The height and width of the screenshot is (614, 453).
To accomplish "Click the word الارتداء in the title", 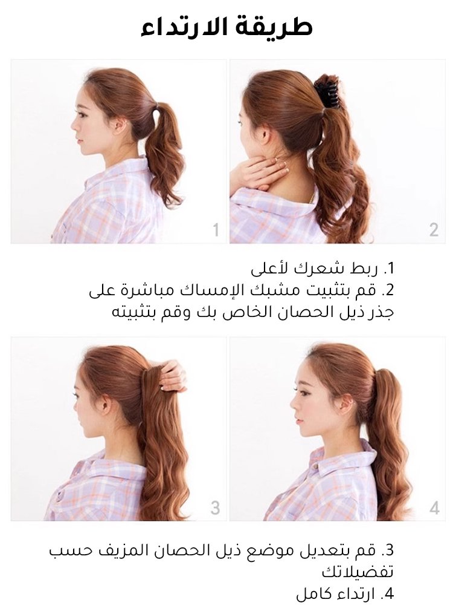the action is [x=182, y=27].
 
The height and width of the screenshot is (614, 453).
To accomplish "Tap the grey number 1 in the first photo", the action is [x=216, y=230].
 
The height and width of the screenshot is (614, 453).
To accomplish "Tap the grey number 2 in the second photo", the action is [x=434, y=230].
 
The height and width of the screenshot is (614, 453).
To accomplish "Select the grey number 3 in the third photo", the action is [x=216, y=508].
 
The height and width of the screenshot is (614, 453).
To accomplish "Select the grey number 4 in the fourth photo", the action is [x=434, y=508].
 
